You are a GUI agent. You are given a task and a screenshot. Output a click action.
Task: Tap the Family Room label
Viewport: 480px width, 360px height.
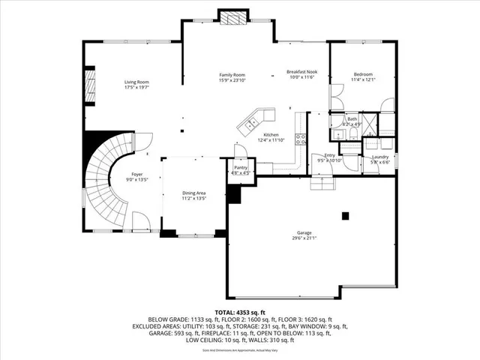232,75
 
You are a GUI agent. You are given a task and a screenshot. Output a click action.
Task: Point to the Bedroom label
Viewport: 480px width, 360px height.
363,74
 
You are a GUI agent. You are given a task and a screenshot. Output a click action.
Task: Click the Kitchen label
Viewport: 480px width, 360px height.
271,136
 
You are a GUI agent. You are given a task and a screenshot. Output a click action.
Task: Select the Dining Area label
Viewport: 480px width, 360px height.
193,193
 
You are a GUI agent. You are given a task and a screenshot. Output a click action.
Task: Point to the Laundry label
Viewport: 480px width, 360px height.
380,156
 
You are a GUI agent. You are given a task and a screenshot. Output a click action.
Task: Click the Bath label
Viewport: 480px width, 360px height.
352,118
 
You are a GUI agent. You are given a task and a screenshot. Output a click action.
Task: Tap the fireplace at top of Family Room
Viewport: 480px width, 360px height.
231,17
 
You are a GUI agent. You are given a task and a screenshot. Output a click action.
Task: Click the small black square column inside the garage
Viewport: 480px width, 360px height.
345,216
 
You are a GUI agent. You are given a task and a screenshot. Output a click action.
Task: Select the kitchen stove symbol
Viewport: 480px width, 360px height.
301,138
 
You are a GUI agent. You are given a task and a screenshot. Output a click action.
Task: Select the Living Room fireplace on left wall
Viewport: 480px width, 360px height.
90,86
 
